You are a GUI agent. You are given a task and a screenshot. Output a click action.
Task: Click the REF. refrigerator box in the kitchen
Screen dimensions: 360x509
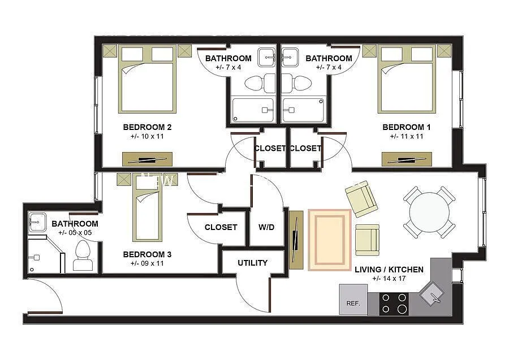tap(353, 299)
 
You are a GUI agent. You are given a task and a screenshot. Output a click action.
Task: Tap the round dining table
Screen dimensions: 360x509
tap(429, 212)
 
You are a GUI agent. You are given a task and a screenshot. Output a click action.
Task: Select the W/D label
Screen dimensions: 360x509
tap(266, 227)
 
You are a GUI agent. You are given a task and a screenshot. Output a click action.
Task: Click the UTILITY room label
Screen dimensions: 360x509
tap(252, 263)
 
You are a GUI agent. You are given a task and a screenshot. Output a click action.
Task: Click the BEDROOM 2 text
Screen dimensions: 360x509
tap(147, 127)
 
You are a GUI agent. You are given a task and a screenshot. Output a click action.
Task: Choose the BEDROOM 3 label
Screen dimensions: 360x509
tap(147, 254)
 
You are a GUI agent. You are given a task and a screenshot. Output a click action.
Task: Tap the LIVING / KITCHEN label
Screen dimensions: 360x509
tap(389, 270)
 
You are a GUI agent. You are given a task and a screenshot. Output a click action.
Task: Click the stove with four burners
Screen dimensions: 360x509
tap(394, 303)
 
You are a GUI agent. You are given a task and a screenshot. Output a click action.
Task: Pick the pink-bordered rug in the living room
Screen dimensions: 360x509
tap(330, 240)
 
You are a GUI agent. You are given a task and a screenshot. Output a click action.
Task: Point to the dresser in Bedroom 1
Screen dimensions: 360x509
tap(406, 159)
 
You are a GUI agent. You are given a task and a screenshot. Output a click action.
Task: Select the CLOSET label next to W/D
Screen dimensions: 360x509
tap(221, 227)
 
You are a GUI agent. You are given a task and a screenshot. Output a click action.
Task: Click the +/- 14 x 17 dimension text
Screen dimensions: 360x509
tap(389, 279)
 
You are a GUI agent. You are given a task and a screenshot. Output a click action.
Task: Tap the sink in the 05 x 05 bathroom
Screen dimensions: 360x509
tap(37, 221)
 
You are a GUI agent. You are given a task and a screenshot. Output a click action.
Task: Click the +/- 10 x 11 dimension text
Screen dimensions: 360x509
tap(147, 136)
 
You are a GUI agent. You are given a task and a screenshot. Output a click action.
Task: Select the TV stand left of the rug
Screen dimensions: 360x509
tap(296, 239)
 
